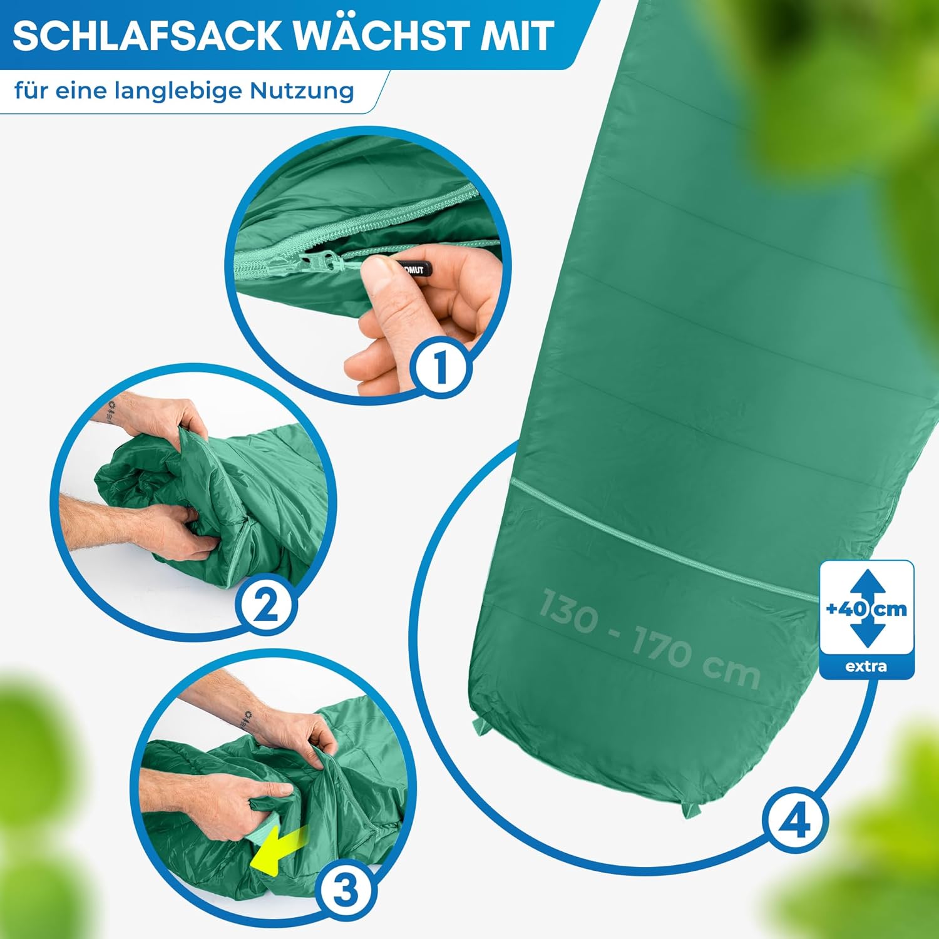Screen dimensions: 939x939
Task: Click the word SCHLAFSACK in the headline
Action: [x=148, y=36]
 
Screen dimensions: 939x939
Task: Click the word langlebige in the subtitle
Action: [x=179, y=92]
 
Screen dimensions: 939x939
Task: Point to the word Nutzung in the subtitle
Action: [x=302, y=92]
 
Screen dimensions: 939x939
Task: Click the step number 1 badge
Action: [x=441, y=367]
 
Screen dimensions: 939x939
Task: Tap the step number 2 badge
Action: [x=265, y=605]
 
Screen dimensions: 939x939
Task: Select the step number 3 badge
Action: [x=345, y=890]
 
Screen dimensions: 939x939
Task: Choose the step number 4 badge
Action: [x=795, y=820]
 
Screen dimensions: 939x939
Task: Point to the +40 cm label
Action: [x=866, y=608]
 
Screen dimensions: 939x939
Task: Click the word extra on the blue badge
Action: [x=866, y=666]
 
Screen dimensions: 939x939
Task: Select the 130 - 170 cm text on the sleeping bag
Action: [x=649, y=638]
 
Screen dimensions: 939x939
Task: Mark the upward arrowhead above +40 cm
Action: [x=866, y=582]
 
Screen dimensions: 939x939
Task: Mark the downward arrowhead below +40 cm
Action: [x=866, y=635]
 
